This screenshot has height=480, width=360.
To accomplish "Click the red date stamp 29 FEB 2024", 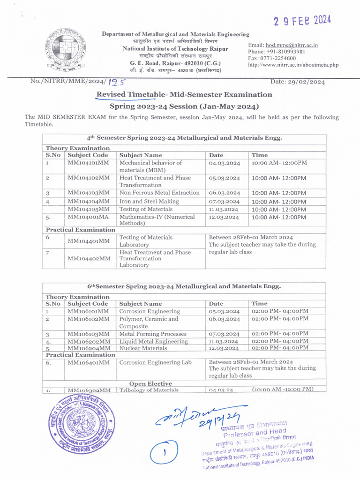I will coord(303,21).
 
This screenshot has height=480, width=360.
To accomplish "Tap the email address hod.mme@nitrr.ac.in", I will coord(292,45).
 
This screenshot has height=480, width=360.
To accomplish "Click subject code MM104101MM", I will coord(89,163).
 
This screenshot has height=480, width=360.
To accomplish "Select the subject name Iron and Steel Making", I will coord(149,202).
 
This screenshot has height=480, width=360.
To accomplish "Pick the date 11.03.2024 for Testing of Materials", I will coord(224,209).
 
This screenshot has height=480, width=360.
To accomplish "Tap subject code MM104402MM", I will coord(89,258).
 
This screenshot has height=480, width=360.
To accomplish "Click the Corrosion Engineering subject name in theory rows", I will coord(150,311).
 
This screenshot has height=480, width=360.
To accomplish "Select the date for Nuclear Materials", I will coord(225,349).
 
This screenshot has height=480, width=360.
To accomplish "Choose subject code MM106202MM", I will coord(89,342).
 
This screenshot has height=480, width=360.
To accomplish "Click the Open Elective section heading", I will coord(150,383).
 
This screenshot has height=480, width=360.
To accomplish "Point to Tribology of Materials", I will coord(149,390).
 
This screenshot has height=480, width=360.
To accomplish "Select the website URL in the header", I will coord(293,65).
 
